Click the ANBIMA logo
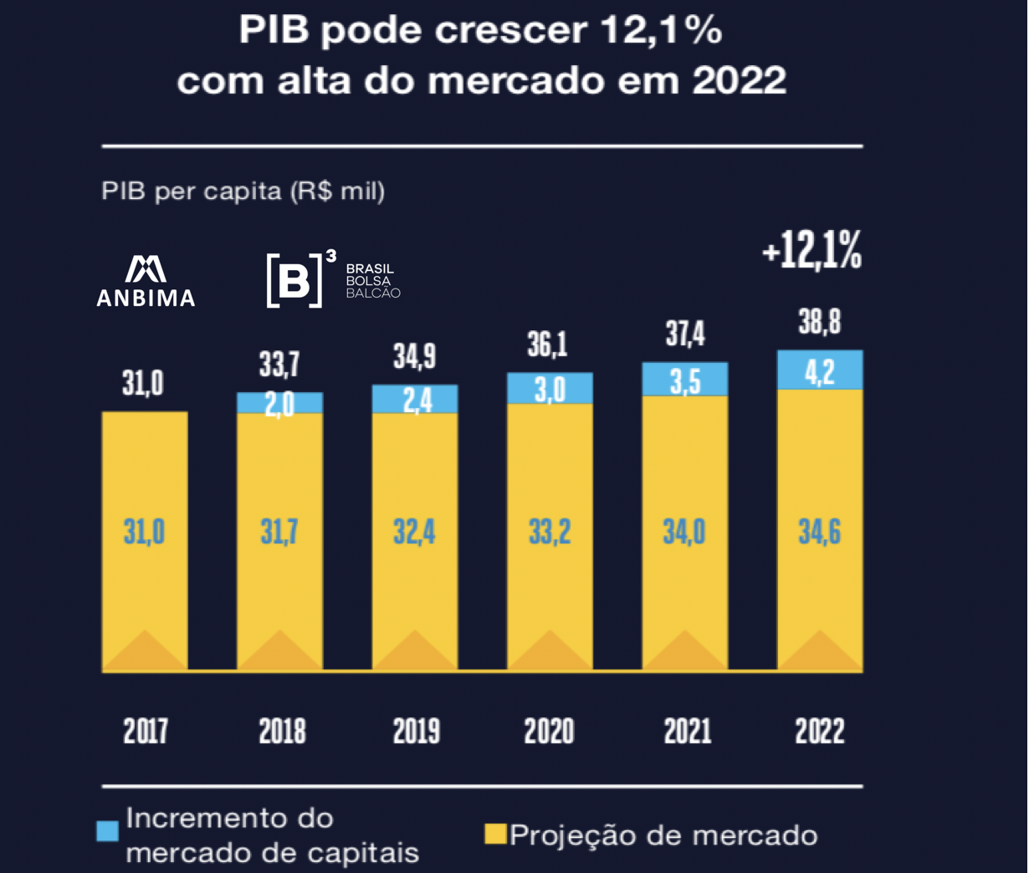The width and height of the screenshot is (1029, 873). [146, 281]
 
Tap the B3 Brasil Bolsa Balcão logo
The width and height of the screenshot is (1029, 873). [332, 280]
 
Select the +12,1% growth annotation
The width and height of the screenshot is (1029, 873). [811, 252]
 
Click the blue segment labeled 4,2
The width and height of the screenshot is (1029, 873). [820, 371]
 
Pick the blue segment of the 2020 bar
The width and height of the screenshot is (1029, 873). [550, 389]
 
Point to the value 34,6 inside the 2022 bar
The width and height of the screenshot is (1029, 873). [820, 532]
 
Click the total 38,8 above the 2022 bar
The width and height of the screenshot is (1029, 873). [820, 322]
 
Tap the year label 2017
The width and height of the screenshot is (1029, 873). [146, 732]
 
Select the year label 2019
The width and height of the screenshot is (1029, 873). [416, 732]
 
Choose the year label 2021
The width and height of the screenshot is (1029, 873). [686, 732]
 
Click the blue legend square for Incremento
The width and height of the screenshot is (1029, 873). [108, 830]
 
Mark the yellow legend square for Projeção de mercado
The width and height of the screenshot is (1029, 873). [495, 835]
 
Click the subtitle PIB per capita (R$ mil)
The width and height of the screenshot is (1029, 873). [243, 191]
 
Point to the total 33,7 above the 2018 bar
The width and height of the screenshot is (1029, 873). [279, 365]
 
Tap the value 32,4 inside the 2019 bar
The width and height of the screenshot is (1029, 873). [415, 532]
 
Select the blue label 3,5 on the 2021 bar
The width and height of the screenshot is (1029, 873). [685, 381]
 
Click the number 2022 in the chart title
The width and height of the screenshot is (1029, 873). [740, 80]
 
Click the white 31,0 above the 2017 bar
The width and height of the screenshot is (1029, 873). [143, 384]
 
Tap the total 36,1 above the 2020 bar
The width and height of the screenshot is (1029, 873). [548, 344]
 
